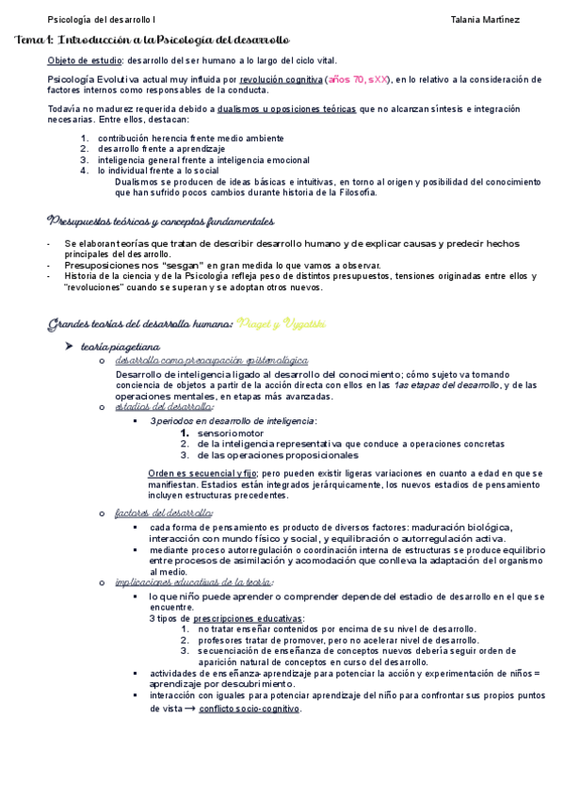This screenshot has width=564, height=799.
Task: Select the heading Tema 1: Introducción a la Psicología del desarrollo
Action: tap(154, 41)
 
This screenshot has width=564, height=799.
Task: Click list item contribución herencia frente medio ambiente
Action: tap(176, 138)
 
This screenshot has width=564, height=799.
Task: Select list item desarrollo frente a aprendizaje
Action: tap(161, 149)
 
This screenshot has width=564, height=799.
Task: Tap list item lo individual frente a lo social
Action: tap(158, 171)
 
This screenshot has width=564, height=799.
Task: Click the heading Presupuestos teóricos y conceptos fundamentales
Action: tap(160, 221)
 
